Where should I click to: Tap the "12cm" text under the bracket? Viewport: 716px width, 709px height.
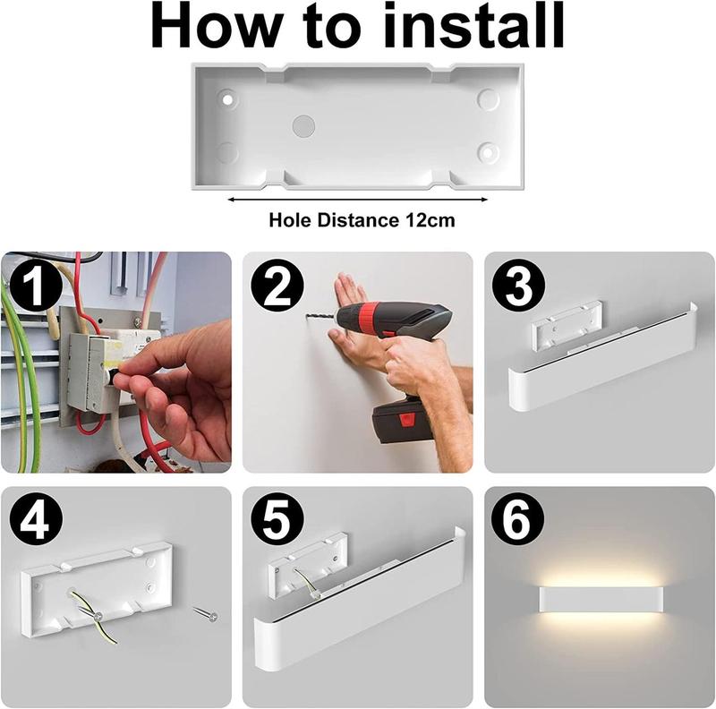coord(430,220)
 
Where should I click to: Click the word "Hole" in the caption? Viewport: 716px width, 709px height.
coord(290,220)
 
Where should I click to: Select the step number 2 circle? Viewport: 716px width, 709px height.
coord(277,286)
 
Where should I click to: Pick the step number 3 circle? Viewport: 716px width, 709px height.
coord(518,286)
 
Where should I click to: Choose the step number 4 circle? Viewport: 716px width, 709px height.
coord(36,520)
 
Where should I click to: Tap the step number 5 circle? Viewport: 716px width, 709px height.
coord(277,519)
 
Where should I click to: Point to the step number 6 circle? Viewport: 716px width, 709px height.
coord(518,519)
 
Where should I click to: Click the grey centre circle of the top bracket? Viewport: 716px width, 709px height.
coord(303,126)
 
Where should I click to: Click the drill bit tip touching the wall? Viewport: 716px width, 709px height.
coord(306,315)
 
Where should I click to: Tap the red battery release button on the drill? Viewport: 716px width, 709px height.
coord(405,419)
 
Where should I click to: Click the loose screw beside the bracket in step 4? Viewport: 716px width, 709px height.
coord(205,613)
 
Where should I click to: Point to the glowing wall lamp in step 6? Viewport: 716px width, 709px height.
coord(601,601)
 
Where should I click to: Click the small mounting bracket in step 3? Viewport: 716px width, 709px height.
coord(567,325)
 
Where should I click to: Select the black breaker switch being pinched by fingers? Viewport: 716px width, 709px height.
coord(117,378)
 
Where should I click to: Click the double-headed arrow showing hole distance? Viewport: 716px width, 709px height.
coord(357,199)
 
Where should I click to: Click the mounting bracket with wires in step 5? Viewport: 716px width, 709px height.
coord(308,565)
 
